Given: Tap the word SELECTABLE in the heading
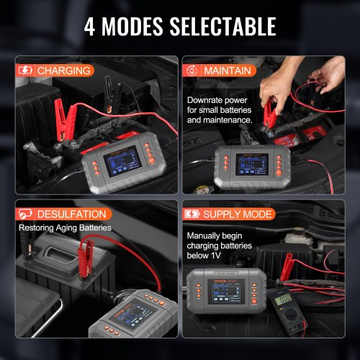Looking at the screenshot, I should point(229,27).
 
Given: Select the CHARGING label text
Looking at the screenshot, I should point(65,71).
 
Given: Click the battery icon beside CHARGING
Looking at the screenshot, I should point(25,71).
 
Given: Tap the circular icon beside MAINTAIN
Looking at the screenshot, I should point(193,71).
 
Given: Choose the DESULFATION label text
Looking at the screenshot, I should point(72,214).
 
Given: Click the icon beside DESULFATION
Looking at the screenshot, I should point(25,214).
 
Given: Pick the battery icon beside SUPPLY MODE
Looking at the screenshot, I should point(193,214).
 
